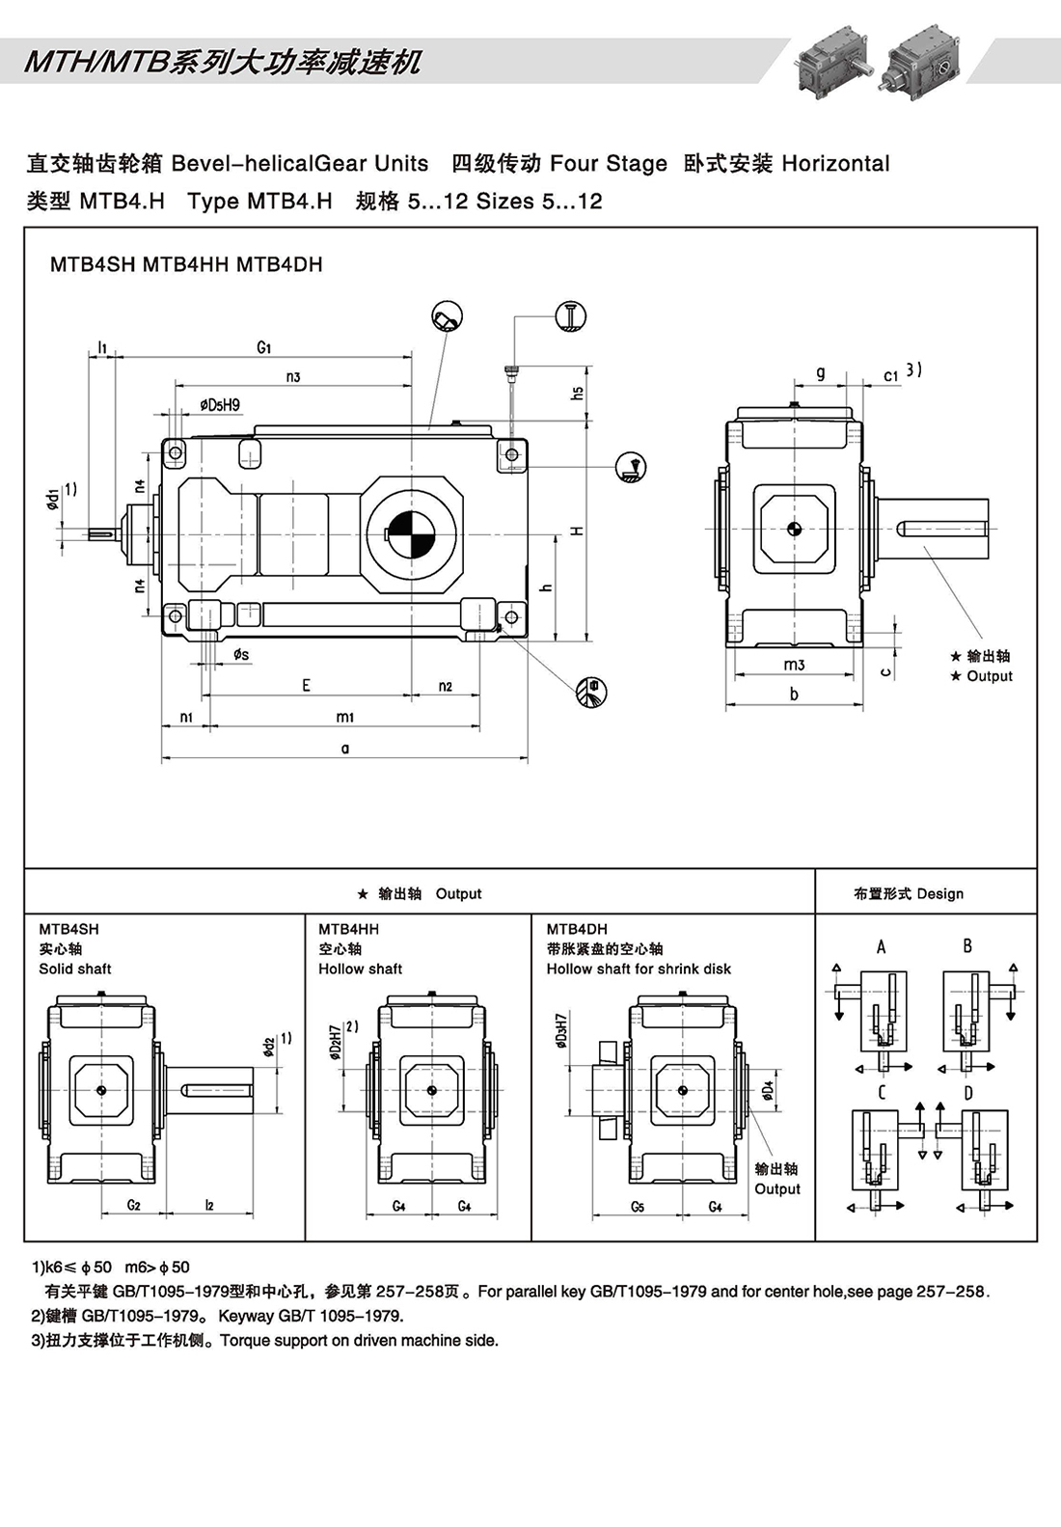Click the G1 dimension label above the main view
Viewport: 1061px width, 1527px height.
[264, 346]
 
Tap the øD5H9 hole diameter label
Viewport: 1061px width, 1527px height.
[220, 405]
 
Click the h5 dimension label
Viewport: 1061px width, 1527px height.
[577, 393]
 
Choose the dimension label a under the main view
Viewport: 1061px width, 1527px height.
[345, 748]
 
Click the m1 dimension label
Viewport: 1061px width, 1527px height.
[345, 717]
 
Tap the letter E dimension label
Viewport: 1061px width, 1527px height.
[306, 685]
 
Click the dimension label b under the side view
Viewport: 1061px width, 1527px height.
[794, 694]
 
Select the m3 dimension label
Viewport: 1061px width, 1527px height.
[794, 665]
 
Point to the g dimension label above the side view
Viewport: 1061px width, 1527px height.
[820, 372]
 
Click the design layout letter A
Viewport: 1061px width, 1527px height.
[881, 946]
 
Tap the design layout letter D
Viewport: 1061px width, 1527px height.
[968, 1093]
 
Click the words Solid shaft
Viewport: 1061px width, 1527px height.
[75, 968]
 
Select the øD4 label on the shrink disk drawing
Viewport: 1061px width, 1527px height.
[768, 1090]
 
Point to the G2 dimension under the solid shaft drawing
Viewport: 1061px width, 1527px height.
[134, 1205]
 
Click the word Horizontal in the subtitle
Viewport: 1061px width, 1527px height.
[835, 163]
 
